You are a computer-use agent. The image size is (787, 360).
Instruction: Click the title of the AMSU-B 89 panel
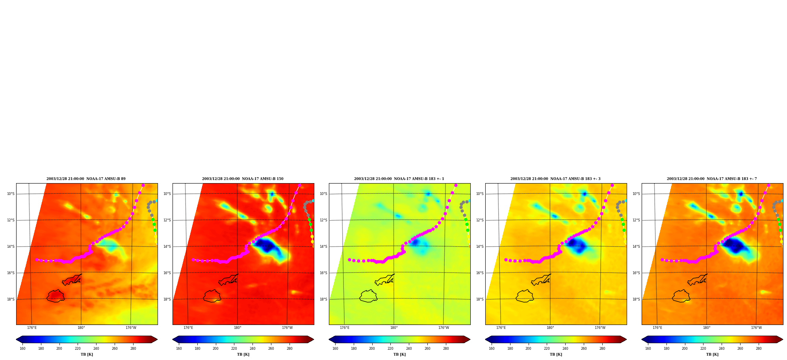point(86,179)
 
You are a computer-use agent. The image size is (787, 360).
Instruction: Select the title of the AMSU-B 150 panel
point(243,179)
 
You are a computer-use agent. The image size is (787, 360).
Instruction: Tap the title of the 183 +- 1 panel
point(399,179)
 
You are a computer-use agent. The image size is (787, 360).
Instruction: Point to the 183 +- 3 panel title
point(555,179)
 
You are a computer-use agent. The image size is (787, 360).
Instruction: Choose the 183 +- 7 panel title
point(712,179)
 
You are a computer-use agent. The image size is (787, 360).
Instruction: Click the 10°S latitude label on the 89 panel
point(11,194)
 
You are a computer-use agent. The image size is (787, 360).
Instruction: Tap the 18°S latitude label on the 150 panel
point(167,299)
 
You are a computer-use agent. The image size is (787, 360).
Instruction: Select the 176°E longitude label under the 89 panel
point(32,328)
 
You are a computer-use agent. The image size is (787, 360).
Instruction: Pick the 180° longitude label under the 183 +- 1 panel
point(394,328)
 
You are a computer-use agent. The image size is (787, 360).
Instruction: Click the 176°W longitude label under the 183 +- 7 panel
point(756,328)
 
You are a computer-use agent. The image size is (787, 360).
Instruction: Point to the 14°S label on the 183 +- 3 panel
point(480,247)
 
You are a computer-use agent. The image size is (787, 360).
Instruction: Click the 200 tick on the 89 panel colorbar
point(59,348)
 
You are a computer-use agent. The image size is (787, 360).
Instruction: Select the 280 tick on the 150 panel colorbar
point(290,348)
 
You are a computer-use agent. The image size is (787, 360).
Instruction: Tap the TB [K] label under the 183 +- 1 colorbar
point(399,354)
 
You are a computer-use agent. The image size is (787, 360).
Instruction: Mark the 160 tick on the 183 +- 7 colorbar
point(648,348)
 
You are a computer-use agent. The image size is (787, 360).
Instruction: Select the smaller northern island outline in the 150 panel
point(229,280)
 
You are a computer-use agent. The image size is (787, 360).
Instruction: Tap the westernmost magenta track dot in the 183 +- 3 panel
point(506,260)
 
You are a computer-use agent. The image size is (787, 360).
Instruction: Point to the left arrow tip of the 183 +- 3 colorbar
point(486,340)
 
